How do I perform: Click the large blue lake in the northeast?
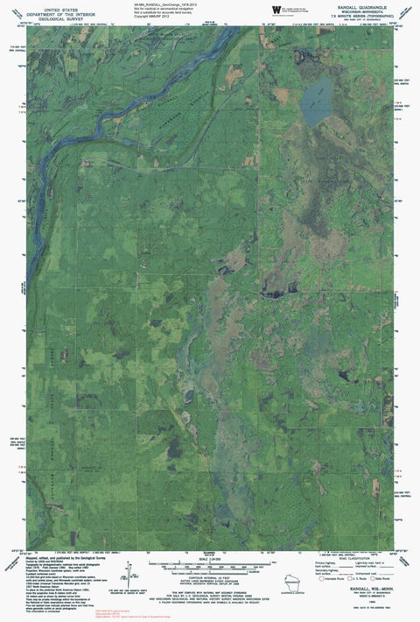pos(317,102)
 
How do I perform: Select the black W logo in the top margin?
pos(277,9)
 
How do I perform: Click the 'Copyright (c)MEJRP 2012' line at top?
pos(157,17)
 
